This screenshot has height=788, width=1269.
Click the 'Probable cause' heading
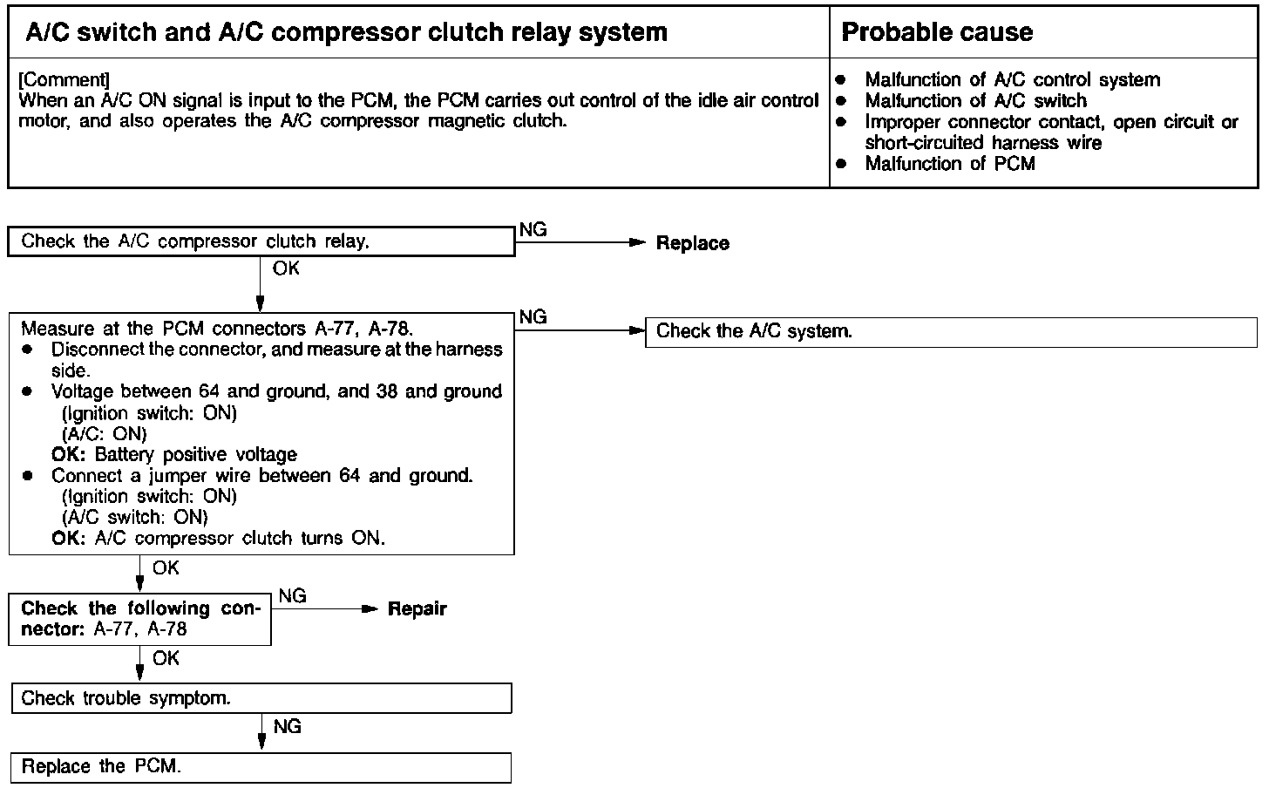tap(937, 32)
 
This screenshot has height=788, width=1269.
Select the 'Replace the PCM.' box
tap(261, 767)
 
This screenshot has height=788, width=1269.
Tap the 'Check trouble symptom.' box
tap(261, 698)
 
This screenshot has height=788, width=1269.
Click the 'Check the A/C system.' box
tap(951, 332)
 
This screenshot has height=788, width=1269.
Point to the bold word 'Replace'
tap(692, 243)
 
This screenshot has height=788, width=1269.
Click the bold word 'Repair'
tap(417, 609)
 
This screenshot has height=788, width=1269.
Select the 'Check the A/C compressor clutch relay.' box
tap(261, 241)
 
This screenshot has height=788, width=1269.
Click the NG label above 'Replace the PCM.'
tap(288, 726)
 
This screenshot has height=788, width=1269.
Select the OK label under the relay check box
tap(286, 268)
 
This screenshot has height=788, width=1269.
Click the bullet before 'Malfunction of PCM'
tap(841, 163)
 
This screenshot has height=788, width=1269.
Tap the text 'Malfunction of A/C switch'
tap(975, 100)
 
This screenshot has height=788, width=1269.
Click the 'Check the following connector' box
tap(139, 619)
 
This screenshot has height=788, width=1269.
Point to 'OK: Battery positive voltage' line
tap(174, 454)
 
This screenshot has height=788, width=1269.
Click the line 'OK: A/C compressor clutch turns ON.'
tap(218, 538)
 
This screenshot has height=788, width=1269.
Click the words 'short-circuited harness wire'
tap(983, 142)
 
